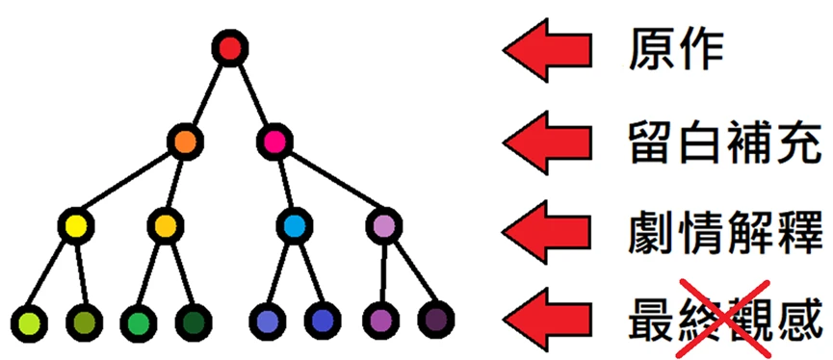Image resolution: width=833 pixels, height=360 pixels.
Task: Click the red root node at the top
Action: point(230,48)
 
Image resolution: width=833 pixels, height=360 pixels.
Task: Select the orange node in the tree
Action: point(186,141)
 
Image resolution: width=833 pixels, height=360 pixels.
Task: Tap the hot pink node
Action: point(274,141)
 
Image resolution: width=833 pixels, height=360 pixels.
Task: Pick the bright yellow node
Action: point(76,226)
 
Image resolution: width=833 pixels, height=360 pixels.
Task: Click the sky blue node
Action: point(295,226)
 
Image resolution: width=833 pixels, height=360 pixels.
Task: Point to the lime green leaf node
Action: point(29,321)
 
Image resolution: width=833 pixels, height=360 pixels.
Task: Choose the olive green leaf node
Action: point(84,321)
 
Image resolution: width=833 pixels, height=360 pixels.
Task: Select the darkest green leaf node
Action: point(194,321)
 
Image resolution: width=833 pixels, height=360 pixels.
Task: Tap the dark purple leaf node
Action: point(435,320)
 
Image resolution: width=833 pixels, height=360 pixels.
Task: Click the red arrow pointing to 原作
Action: point(547,50)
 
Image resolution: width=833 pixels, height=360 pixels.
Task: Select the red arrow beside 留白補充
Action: point(547,142)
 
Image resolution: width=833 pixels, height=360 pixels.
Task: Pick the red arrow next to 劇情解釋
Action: point(547,232)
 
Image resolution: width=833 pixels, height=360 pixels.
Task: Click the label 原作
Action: point(676,52)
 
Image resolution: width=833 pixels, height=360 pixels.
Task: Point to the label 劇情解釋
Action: point(724,233)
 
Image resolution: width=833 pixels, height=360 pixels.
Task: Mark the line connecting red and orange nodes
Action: point(208,95)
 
